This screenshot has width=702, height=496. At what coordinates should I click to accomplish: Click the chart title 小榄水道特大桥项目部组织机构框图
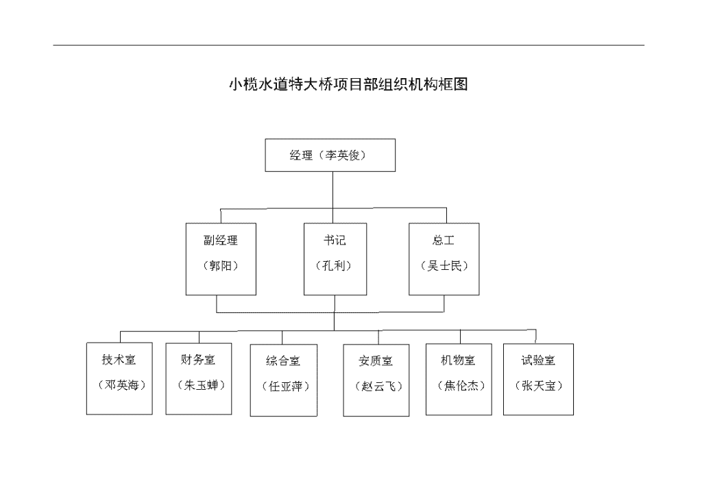coord(348,84)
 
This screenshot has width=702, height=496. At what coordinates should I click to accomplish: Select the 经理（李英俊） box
coord(330,156)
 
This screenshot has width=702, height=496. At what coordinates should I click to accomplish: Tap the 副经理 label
coord(221,240)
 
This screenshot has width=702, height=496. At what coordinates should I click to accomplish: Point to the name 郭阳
coord(221,266)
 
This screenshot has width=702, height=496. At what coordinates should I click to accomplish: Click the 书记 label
coord(335,240)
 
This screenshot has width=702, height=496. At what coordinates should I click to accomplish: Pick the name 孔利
coord(334,266)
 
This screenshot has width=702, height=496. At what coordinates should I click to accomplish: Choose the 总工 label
coord(444,240)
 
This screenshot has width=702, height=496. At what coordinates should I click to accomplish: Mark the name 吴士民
coord(444,266)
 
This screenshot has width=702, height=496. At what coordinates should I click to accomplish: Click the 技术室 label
coord(119,359)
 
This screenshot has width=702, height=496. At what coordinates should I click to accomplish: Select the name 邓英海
coord(122,384)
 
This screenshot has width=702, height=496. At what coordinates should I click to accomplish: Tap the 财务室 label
coord(198,359)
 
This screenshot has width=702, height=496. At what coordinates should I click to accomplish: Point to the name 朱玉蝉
coord(201,384)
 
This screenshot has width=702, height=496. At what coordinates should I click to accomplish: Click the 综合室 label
coord(283,360)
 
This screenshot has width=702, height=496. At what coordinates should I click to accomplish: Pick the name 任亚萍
coord(286,386)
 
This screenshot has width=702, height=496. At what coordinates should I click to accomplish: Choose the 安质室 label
coord(376,360)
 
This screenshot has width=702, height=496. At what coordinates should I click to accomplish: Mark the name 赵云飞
coord(378,386)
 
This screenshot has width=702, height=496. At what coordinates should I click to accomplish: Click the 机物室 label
coord(458,360)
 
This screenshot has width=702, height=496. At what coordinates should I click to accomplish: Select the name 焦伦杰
coord(461,385)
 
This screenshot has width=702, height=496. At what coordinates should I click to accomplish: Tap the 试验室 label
coord(538,360)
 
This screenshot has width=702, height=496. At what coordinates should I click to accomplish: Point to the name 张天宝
coord(539,385)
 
